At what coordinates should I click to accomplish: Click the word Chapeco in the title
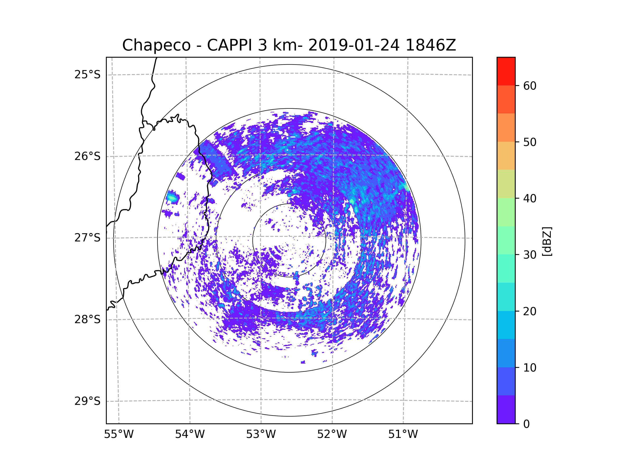pos(156,45)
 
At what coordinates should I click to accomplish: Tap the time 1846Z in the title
pos(431,45)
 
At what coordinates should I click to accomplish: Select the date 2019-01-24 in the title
pos(354,45)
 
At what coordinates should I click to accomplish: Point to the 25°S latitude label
pos(87,75)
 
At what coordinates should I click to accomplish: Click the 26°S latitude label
pos(87,156)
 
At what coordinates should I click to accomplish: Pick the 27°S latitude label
pos(87,238)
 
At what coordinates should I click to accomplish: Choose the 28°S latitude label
pos(87,319)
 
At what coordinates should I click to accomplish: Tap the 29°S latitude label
pos(87,401)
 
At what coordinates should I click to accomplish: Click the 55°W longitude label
pos(119,434)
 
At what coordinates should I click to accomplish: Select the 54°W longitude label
pos(190,434)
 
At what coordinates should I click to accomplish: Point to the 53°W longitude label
pos(261,434)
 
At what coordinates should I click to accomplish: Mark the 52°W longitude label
pos(332,434)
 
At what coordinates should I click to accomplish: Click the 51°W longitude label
pos(403,434)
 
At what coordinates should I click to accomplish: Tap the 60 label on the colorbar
pos(530,86)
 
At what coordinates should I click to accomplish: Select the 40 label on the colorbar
pos(530,199)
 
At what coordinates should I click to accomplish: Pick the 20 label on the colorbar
pos(530,311)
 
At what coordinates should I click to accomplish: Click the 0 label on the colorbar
pos(526,424)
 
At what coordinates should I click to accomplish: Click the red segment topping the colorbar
pos(506,71)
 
